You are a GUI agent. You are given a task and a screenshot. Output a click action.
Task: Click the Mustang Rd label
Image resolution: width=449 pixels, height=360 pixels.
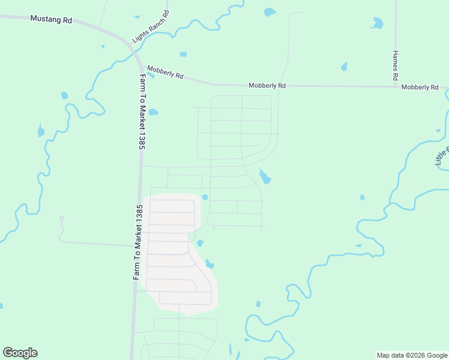click(x=51, y=20)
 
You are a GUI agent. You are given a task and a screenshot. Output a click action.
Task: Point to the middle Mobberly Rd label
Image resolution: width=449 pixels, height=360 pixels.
click(x=267, y=86)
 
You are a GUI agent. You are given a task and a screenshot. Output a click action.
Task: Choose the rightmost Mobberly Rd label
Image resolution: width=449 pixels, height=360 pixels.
click(x=420, y=87)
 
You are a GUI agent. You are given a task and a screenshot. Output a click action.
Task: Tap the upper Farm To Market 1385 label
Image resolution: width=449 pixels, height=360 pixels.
click(x=143, y=112)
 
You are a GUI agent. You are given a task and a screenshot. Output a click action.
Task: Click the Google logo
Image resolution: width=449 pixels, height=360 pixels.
click(x=20, y=353)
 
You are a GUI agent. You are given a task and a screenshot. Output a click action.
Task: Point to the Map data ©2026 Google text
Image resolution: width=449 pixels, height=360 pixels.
click(x=412, y=355)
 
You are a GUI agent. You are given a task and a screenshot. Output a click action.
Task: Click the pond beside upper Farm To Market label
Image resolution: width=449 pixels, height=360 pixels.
click(x=153, y=112)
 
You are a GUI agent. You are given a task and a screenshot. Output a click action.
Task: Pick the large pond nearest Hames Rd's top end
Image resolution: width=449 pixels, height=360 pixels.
click(x=378, y=23)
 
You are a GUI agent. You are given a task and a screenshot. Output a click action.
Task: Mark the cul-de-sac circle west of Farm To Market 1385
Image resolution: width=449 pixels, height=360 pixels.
click(x=61, y=218)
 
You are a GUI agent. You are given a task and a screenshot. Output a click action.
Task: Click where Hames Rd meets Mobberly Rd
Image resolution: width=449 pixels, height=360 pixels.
click(x=396, y=86)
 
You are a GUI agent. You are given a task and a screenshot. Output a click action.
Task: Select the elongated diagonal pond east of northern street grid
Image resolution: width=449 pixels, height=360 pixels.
click(x=264, y=176)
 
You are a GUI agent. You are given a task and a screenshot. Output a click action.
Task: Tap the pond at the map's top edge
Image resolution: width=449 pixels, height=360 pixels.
click(x=270, y=11)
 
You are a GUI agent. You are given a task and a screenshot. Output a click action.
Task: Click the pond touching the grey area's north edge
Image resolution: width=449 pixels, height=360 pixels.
click(x=205, y=197)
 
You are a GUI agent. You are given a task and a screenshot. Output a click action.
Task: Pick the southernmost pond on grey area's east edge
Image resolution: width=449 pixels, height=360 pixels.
click(x=209, y=264)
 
